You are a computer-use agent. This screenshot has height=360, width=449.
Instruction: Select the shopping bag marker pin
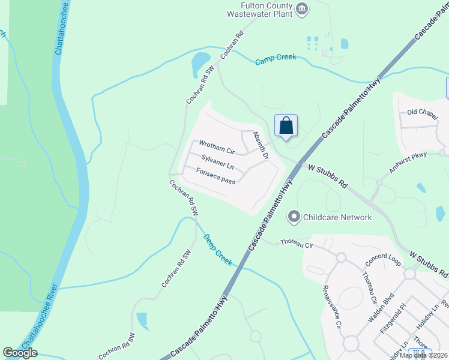point(286,126)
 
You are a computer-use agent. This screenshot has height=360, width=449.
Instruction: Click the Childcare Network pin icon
point(294,217)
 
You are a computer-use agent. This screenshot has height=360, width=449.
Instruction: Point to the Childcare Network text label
point(337,217)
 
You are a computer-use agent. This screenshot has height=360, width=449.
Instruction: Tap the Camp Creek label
point(276,59)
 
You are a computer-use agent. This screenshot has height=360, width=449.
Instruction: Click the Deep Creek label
point(217,249)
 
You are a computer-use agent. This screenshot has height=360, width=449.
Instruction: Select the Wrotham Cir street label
point(216,148)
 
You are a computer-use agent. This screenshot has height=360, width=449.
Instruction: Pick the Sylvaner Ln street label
point(217,162)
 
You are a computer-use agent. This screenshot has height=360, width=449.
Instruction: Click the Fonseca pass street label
point(216,176)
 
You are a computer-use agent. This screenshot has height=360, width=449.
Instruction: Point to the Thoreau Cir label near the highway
point(297,244)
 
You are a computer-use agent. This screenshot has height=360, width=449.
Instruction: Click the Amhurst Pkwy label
point(408,163)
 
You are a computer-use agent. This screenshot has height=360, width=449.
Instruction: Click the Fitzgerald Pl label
point(393,322)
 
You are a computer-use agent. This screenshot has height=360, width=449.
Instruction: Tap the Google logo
point(20,353)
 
